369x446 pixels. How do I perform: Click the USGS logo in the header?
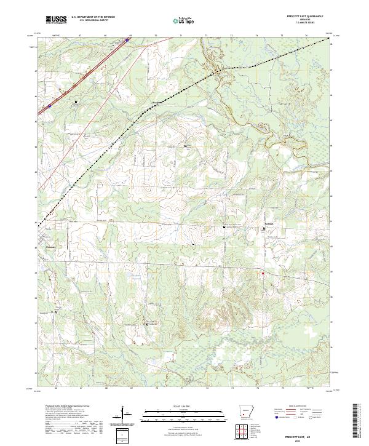(57, 20)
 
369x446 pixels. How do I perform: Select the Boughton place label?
(157, 102)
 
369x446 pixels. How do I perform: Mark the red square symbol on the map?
(262, 273)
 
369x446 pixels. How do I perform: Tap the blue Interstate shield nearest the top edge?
(127, 41)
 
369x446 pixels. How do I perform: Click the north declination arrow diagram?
(123, 413)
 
